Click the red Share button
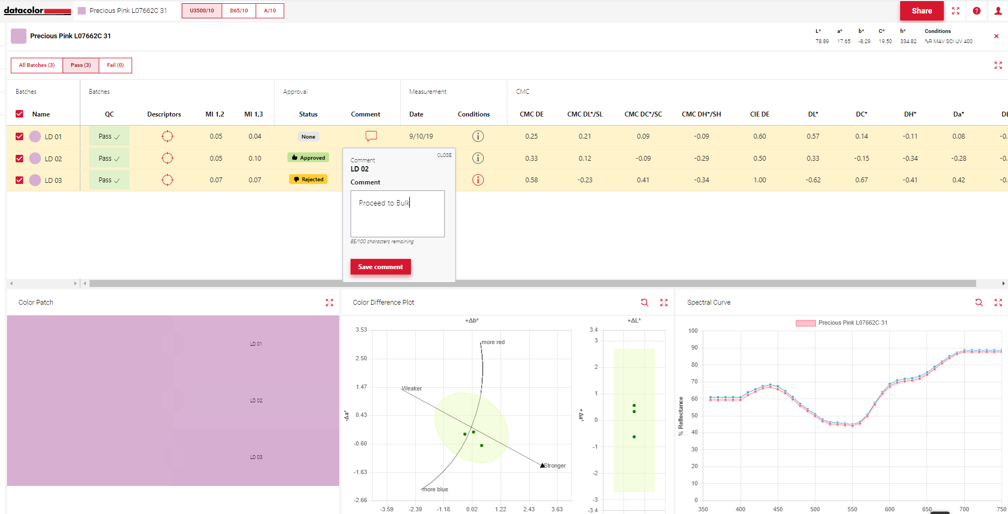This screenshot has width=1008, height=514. [x=921, y=11]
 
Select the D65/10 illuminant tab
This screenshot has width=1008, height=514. [x=239, y=11]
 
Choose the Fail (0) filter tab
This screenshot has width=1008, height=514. [x=115, y=65]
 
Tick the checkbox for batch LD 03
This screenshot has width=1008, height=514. [x=19, y=180]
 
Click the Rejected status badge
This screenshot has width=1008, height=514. [x=308, y=180]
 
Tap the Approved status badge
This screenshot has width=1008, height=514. [x=308, y=158]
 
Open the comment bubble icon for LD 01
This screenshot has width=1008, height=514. [x=371, y=136]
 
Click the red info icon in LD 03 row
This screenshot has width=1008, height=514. [x=478, y=180]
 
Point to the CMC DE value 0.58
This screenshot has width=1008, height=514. [x=531, y=180]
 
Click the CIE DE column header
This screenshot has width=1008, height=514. [x=759, y=114]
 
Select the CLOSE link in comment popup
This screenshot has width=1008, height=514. [x=444, y=155]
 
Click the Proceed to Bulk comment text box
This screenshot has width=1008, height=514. [x=397, y=214]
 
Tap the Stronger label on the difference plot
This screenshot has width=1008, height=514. [x=554, y=465]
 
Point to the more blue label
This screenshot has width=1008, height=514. [x=435, y=489]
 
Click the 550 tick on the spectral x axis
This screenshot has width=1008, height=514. [x=852, y=509]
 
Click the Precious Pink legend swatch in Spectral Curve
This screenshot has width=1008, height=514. [x=806, y=323]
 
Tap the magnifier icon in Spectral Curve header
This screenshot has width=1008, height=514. [x=979, y=303]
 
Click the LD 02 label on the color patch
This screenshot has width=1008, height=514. [x=256, y=401]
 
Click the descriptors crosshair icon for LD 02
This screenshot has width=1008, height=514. [x=168, y=158]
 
